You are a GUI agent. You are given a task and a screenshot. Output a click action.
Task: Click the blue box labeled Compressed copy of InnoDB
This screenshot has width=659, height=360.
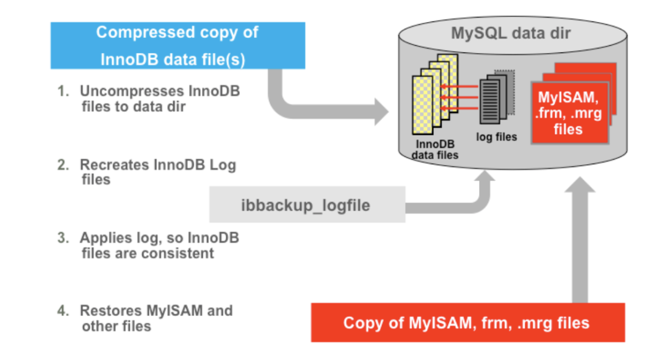click(x=178, y=45)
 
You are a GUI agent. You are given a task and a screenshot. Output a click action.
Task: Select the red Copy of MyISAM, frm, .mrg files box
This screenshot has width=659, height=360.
click(x=467, y=322)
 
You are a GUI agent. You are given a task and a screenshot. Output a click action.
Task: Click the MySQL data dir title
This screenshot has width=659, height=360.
click(x=511, y=32)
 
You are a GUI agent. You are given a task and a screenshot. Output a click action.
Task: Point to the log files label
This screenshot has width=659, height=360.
click(x=496, y=137)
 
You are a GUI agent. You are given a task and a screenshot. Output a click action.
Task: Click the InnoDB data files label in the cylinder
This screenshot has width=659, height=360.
click(x=434, y=149)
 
